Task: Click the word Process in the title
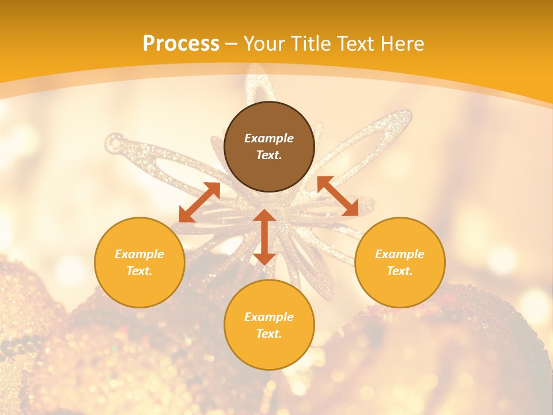[x=181, y=44]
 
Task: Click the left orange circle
[x=139, y=262]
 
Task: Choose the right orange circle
[x=400, y=262]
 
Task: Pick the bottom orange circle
[x=269, y=325]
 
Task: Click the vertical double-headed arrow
[x=264, y=237]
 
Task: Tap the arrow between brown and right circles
[x=338, y=196]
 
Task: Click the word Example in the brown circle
[x=269, y=138]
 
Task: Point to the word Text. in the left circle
[x=139, y=271]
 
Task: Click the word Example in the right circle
[x=400, y=254]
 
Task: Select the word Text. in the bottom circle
[x=269, y=334]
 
